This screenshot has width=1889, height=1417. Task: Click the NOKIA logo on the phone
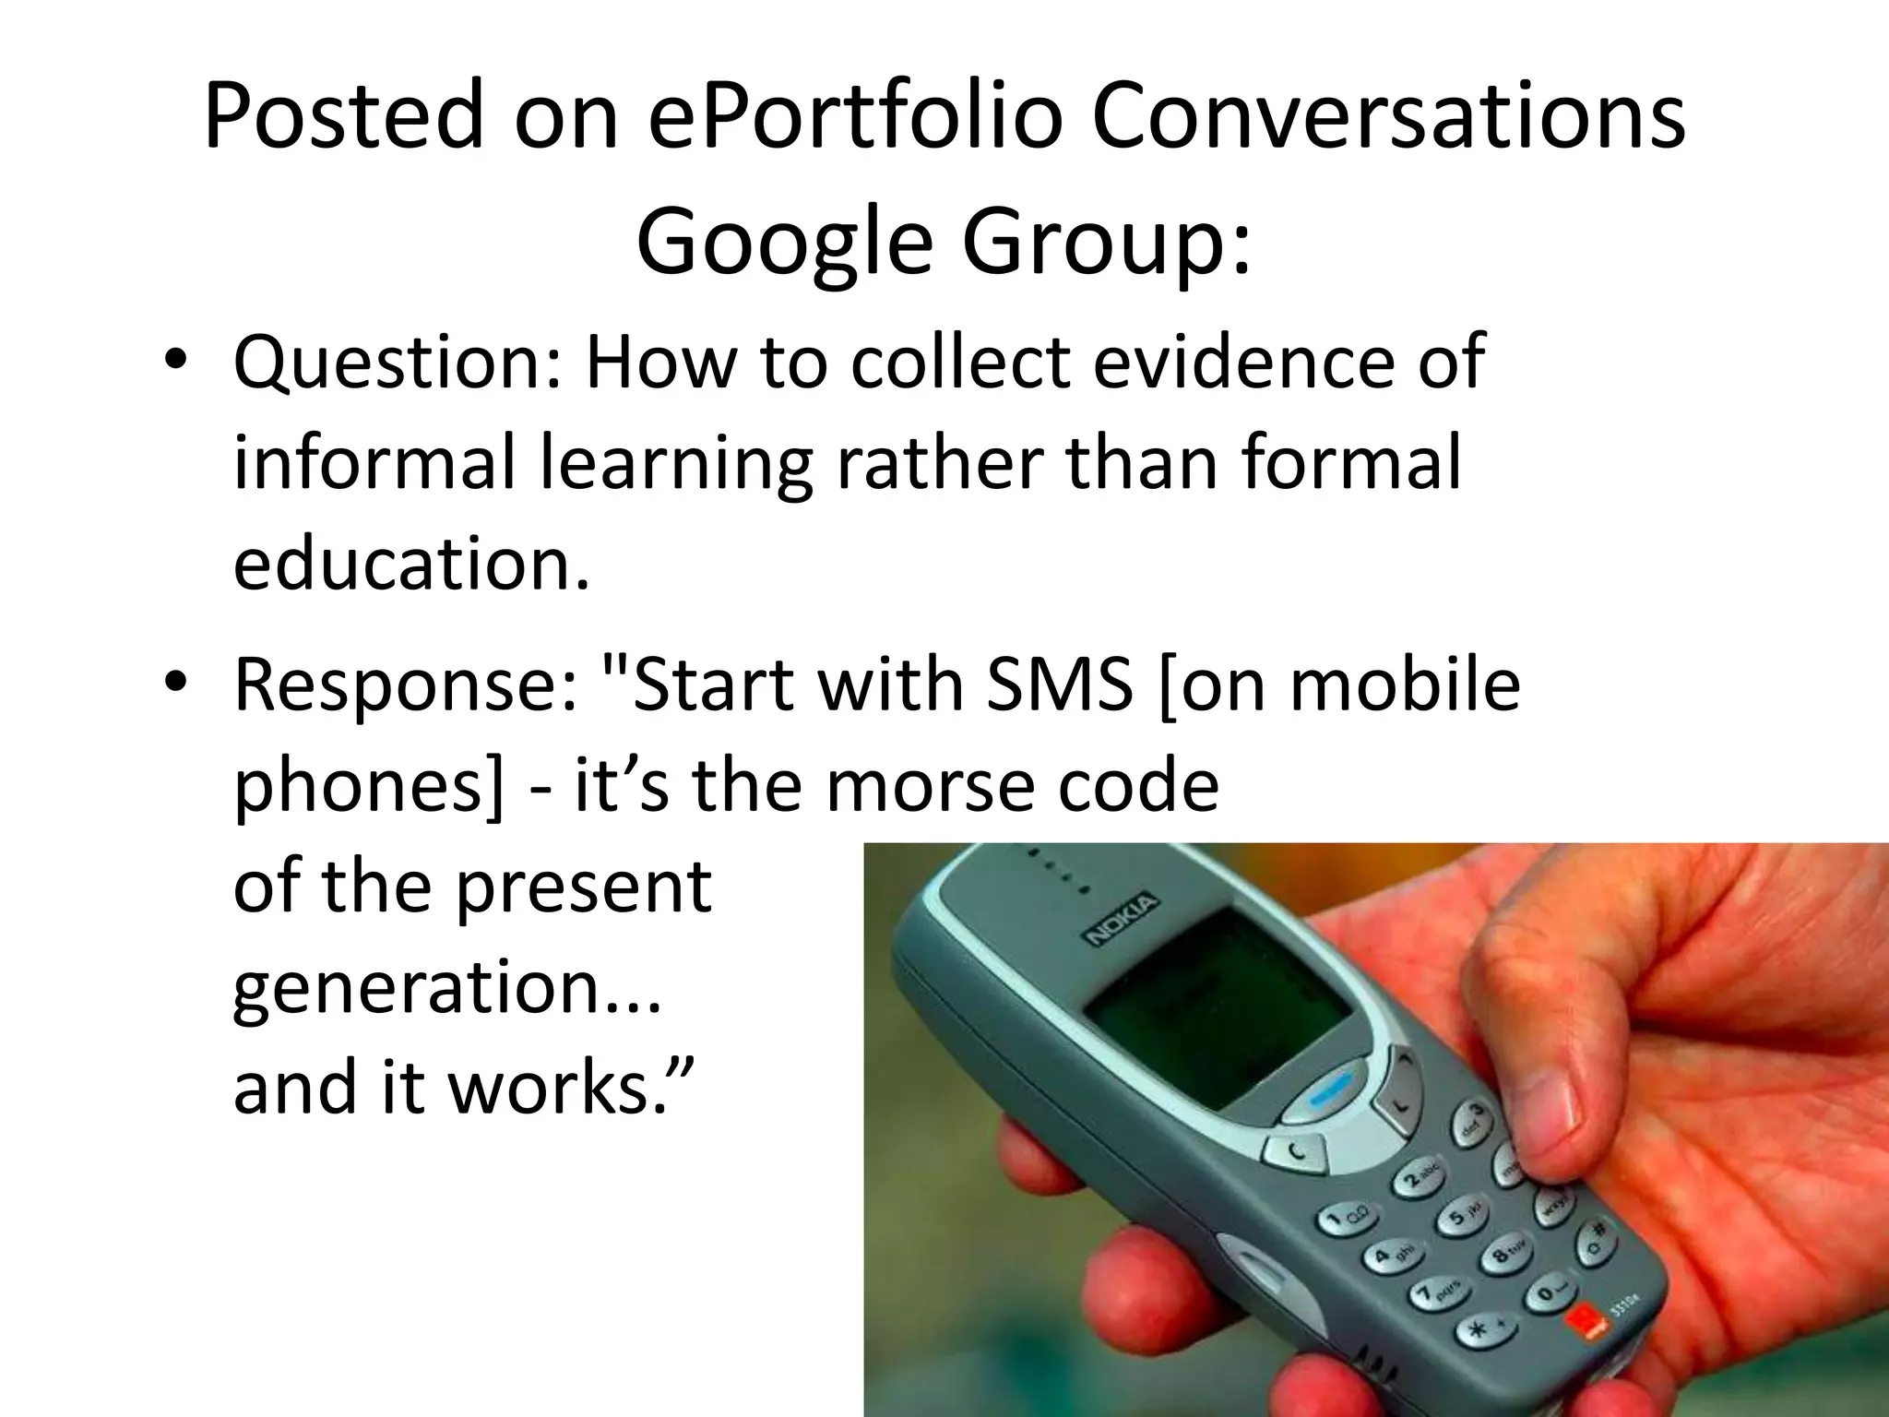pyautogui.click(x=1122, y=919)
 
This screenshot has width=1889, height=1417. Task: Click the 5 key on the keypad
pyautogui.click(x=1458, y=1219)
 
